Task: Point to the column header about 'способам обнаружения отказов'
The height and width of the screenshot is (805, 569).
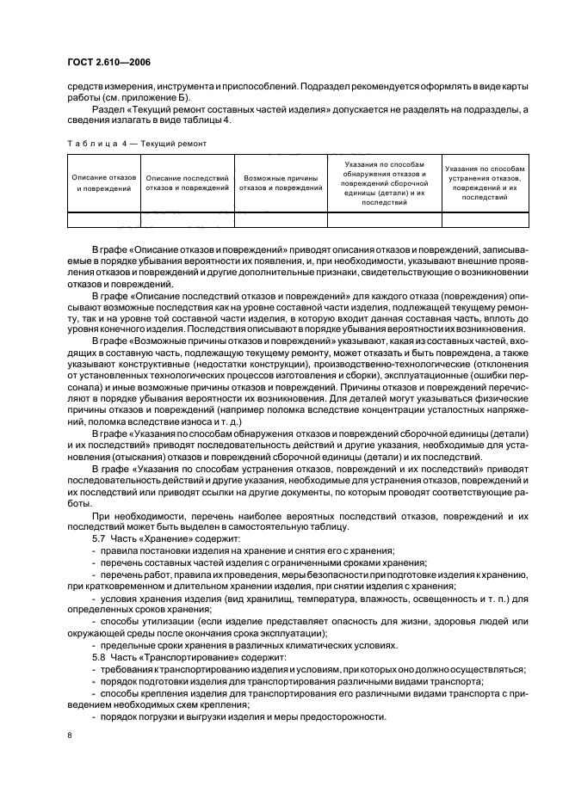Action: point(384,181)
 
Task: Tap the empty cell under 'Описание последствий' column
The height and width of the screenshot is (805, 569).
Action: point(187,220)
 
